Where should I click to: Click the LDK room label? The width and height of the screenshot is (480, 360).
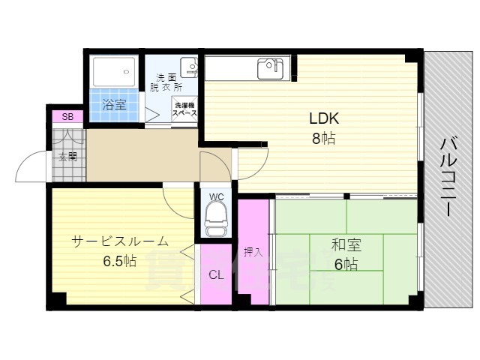pyautogui.click(x=324, y=118)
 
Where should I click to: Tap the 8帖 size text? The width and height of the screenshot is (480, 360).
pyautogui.click(x=324, y=139)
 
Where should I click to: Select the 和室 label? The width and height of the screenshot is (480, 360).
pyautogui.click(x=346, y=244)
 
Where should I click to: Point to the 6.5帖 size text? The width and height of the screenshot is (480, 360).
pyautogui.click(x=120, y=262)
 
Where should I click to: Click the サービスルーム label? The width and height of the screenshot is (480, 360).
pyautogui.click(x=120, y=241)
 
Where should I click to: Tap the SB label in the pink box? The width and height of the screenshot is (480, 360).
pyautogui.click(x=67, y=116)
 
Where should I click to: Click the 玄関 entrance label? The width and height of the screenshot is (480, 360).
pyautogui.click(x=67, y=157)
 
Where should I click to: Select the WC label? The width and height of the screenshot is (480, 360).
pyautogui.click(x=217, y=197)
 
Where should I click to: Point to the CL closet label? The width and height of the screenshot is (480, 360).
pyautogui.click(x=217, y=274)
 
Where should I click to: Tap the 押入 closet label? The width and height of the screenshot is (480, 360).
pyautogui.click(x=253, y=252)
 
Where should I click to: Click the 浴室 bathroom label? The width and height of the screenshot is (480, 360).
pyautogui.click(x=114, y=105)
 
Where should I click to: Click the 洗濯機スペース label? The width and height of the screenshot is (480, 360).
pyautogui.click(x=185, y=109)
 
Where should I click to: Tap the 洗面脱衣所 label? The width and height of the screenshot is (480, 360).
pyautogui.click(x=169, y=82)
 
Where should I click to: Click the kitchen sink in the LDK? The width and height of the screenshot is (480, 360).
pyautogui.click(x=269, y=69)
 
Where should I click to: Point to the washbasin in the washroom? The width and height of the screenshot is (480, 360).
pyautogui.click(x=190, y=68)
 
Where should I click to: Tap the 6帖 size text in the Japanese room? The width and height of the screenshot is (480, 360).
pyautogui.click(x=346, y=264)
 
